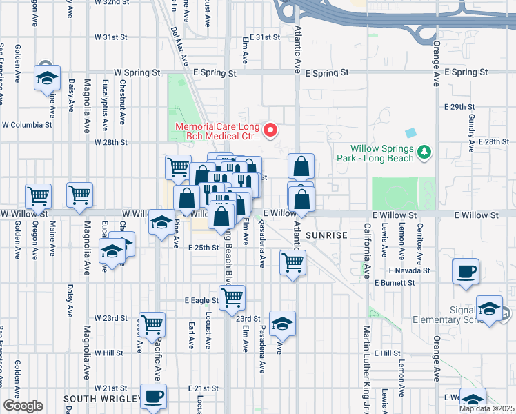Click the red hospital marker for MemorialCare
point(271,130)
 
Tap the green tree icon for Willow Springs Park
point(425,152)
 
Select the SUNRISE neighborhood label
point(326,235)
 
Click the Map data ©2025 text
point(486,408)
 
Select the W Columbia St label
point(27,125)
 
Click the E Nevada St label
point(409,271)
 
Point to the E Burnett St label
point(393,283)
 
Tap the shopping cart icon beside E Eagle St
point(232,297)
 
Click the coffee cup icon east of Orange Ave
point(466,270)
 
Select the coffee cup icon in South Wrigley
point(153,397)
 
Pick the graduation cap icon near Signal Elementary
point(490,308)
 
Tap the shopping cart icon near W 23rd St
point(152,323)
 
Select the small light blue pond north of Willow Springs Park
point(412,132)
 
